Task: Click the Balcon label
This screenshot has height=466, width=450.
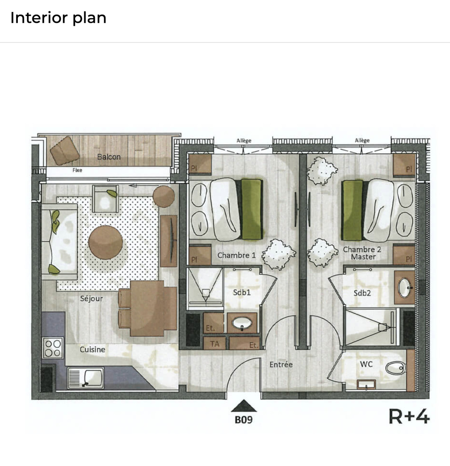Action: (x=109, y=157)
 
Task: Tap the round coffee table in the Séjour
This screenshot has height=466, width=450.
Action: (x=106, y=242)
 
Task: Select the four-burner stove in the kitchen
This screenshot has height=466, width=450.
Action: (x=53, y=348)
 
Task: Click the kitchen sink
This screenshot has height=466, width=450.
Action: (x=86, y=378)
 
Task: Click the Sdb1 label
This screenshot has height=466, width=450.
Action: (x=242, y=292)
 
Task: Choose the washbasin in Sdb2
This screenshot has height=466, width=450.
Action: (x=405, y=287)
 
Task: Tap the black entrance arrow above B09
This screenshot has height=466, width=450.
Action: (x=244, y=406)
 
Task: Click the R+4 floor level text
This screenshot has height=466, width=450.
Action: (x=409, y=416)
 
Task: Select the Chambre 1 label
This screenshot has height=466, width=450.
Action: (x=236, y=255)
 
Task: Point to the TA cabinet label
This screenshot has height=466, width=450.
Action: (x=214, y=344)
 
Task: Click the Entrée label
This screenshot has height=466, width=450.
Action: (x=281, y=364)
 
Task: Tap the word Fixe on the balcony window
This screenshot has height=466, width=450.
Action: (x=77, y=170)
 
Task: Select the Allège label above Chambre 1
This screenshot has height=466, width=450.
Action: (x=244, y=141)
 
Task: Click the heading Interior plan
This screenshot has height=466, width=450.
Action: (x=58, y=18)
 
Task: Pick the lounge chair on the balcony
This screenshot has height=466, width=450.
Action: (x=65, y=150)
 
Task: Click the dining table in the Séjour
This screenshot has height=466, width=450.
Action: (x=147, y=308)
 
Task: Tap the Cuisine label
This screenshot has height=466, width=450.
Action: (x=92, y=349)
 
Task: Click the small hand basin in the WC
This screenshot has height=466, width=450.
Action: (x=366, y=385)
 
